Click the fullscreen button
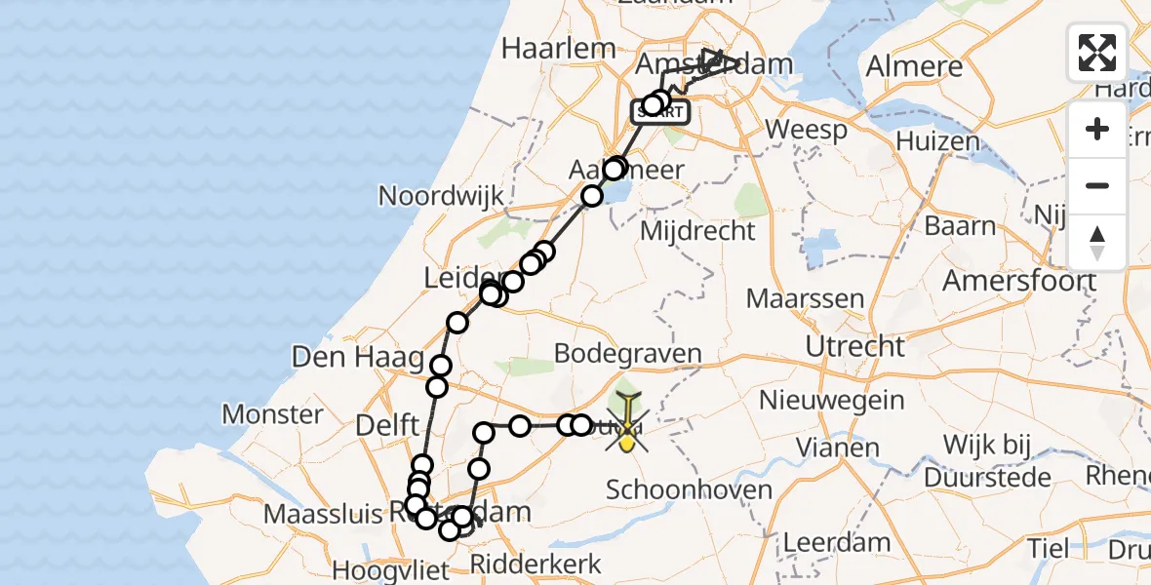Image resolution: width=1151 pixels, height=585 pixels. [1097, 52]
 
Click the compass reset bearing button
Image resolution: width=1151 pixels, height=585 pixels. [1097, 243]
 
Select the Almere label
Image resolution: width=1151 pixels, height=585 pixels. [914, 66]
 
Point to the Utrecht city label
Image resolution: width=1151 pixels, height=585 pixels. [855, 346]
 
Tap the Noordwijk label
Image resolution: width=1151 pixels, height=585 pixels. [442, 196]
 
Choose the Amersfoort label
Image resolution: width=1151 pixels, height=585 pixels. [1019, 282]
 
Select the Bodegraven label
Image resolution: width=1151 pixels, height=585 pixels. [627, 353]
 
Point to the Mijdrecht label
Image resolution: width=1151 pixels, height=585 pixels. [697, 231]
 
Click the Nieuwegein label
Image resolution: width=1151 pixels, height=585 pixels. [832, 400]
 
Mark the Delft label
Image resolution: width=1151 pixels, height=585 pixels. [389, 425]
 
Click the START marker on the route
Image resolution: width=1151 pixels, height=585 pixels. [661, 113]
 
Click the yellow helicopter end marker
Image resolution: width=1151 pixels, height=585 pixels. [625, 429]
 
